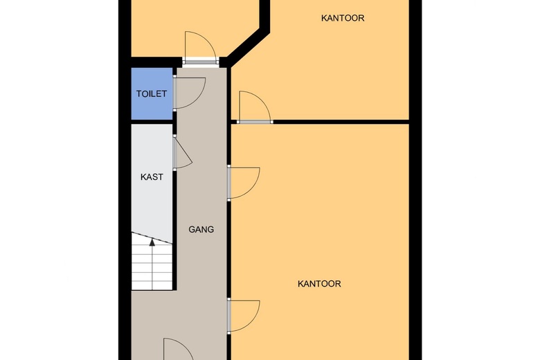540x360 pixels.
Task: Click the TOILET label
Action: coord(152,93)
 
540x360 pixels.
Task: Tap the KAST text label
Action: coord(152,177)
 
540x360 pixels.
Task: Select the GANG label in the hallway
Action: coord(201,229)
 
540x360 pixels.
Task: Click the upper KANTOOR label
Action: coord(343,18)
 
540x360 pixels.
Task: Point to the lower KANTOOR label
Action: coord(319,283)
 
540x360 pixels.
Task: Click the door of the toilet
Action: coord(189,93)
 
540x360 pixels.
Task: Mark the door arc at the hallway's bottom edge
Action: coord(179,350)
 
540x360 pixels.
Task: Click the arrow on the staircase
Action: coord(152,242)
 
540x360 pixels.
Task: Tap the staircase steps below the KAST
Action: coord(152,267)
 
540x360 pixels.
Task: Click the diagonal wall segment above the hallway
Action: coord(246,46)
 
